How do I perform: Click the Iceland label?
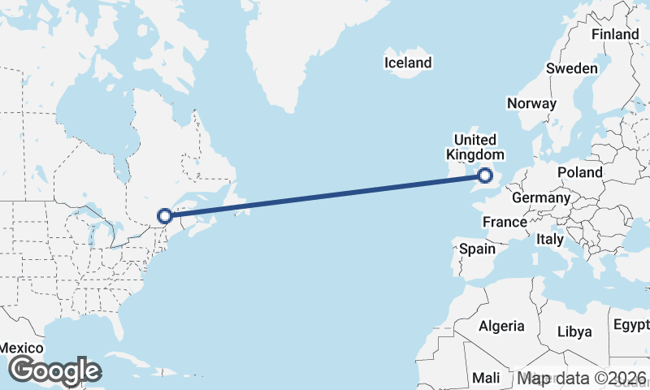(x=408, y=63)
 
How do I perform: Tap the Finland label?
(x=615, y=35)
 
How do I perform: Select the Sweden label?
(x=572, y=68)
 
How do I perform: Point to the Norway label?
(x=531, y=103)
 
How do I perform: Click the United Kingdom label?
(x=475, y=147)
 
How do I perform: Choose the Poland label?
(x=580, y=172)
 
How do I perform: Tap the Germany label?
(x=541, y=197)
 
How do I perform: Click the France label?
(x=505, y=222)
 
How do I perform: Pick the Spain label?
(x=477, y=249)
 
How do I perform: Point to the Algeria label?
(x=501, y=326)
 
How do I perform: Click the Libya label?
(x=574, y=331)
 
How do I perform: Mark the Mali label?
(x=487, y=379)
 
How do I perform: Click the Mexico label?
(x=20, y=346)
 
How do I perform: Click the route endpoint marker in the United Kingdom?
(x=485, y=175)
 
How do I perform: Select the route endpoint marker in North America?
(x=165, y=216)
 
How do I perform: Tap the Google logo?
(x=54, y=370)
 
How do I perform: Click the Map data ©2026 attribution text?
(x=581, y=379)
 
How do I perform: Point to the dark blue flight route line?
(x=325, y=196)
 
